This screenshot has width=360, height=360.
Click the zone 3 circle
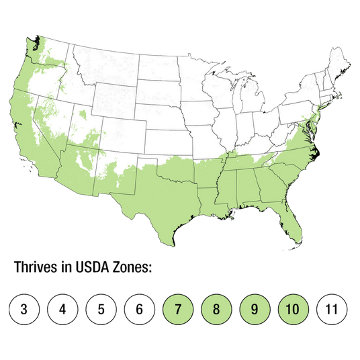click(x=24, y=310)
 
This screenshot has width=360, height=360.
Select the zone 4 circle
click(x=63, y=310)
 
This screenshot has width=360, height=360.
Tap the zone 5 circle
click(x=101, y=310)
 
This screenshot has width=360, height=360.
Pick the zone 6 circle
click(x=140, y=310)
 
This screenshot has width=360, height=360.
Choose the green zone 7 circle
click(x=179, y=310)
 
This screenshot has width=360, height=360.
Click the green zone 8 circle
click(x=217, y=310)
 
